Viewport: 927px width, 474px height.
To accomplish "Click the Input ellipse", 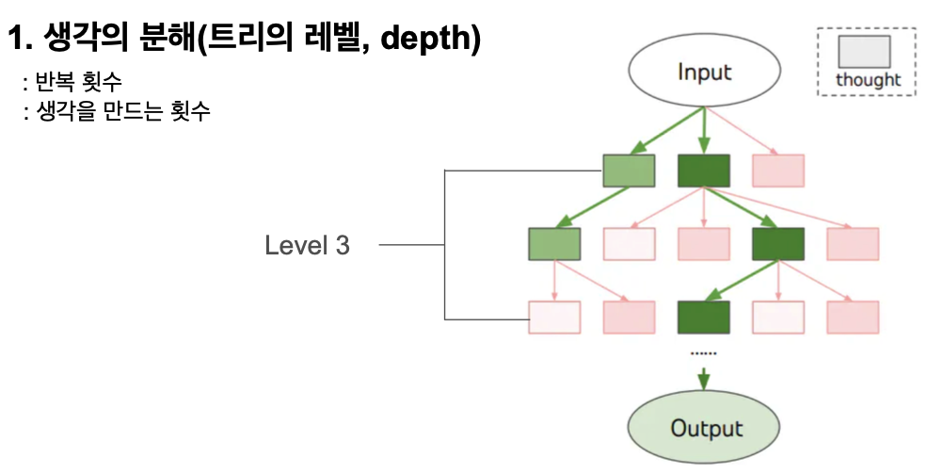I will point(704,73).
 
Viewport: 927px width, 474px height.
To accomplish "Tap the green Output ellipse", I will point(704,429).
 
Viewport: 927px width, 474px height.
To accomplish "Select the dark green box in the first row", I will point(703,171).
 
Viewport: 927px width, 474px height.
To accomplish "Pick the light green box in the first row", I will point(629,171).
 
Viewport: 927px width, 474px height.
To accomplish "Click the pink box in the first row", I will point(778,171).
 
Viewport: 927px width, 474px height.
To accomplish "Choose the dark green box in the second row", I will point(777,244).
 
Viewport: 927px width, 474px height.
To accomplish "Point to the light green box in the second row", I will point(554,244).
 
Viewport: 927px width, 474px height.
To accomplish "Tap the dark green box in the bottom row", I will point(703,318).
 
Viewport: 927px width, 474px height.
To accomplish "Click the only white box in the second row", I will point(629,244).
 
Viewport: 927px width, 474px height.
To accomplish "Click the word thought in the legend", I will point(868,80).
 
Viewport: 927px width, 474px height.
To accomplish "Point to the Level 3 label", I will point(307,246).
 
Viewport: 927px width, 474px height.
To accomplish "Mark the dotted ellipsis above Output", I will point(703,352).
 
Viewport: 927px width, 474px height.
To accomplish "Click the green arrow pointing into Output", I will point(703,378).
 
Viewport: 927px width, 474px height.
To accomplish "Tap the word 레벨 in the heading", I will point(332,40).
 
